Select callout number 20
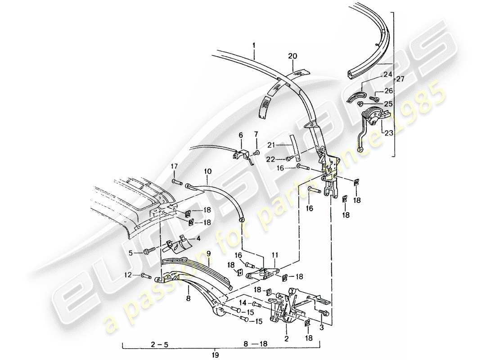point(292,56)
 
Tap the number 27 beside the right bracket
point(400,79)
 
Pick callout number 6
point(240,135)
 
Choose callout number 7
point(256,135)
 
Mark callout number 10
point(207,171)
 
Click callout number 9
point(208,254)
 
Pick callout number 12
point(128,274)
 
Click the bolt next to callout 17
point(176,182)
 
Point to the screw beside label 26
point(373,98)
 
